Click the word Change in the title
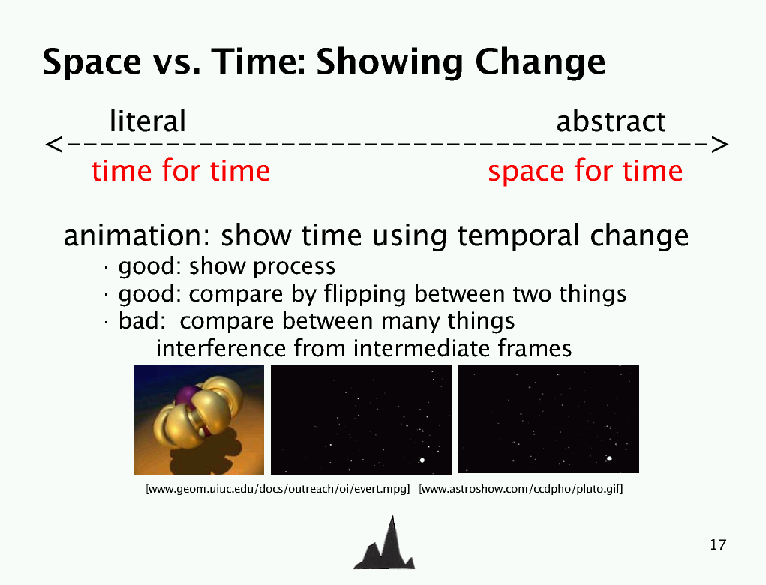540,62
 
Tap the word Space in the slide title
92,62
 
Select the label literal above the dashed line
148,121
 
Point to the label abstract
611,121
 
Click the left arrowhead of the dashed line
54,145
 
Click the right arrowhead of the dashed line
720,145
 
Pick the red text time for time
181,171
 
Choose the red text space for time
585,171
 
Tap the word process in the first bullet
294,267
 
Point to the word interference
221,348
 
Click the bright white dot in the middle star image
422,460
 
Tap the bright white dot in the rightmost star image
609,458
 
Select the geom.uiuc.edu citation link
278,489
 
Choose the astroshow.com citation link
521,489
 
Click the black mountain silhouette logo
384,544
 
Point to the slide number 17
718,544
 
